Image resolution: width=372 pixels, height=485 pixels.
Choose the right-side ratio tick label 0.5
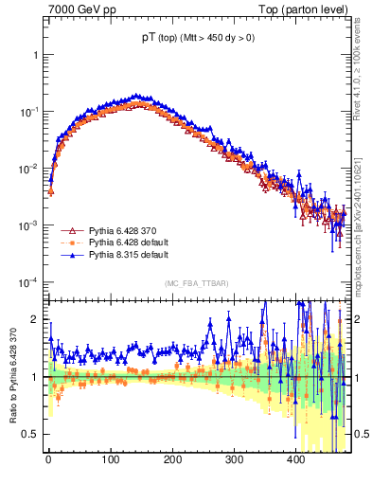(362, 434)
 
